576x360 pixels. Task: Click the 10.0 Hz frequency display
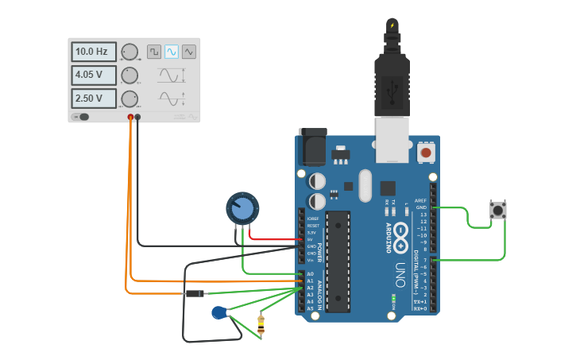94,52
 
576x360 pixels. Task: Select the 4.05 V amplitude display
94,75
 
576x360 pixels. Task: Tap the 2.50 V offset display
94,99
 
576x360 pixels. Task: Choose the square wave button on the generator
154,52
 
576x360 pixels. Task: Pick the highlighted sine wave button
172,52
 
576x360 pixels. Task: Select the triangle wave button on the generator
189,52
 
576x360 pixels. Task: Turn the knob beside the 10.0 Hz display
130,52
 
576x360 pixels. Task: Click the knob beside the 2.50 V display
130,99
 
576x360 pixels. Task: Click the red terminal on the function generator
131,118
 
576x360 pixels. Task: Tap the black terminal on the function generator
138,118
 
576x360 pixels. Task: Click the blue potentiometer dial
242,209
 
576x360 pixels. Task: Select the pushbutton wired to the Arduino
498,211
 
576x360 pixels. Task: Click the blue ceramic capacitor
219,313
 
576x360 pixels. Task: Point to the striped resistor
261,325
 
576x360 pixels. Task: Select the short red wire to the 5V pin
274,238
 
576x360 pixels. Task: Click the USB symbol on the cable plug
392,93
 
